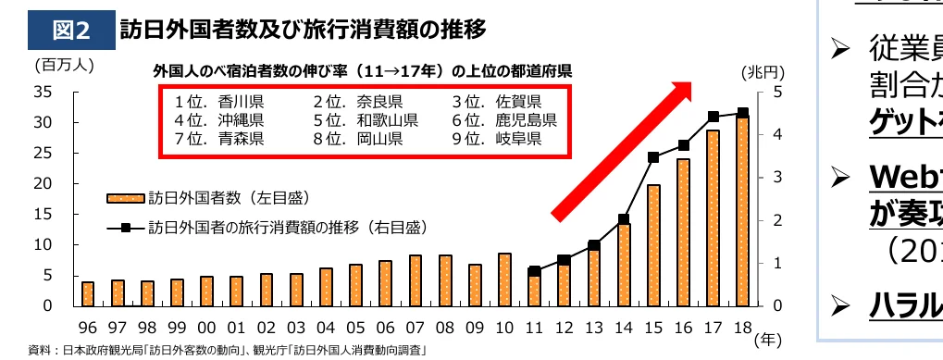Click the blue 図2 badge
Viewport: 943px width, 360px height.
(71, 31)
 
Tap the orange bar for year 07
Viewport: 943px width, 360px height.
(416, 280)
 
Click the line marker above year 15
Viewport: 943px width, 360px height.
(653, 157)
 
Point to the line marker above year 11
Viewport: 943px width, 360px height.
(534, 272)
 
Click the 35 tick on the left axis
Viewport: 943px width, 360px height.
(42, 92)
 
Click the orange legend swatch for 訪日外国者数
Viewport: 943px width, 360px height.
(125, 198)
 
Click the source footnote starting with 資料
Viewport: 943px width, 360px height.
(227, 351)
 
